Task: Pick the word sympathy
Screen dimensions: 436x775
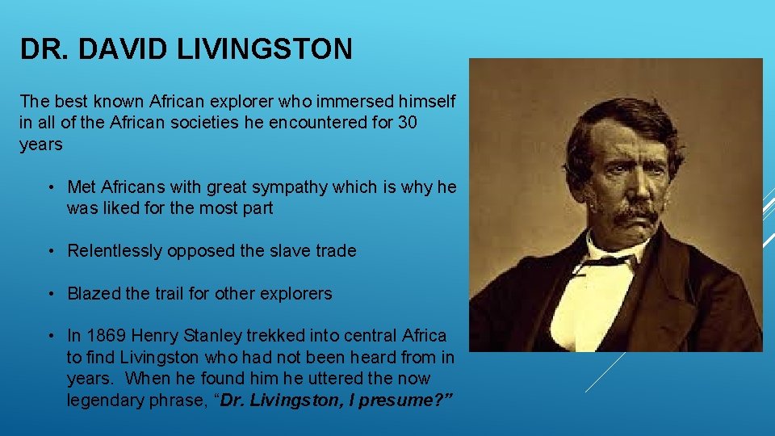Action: point(277,187)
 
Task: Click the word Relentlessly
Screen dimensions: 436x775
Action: point(115,251)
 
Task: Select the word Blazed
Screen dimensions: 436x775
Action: point(94,294)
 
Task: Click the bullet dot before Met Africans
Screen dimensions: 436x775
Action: point(50,188)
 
